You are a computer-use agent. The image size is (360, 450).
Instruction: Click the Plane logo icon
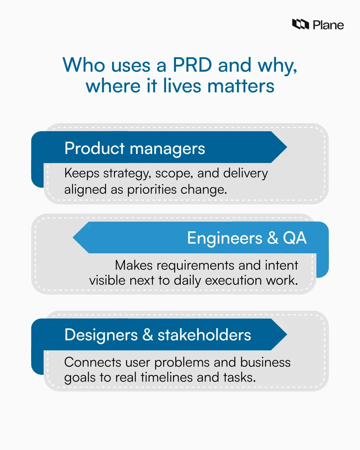pos(300,24)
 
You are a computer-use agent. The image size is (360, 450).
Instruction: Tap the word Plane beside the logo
pos(328,25)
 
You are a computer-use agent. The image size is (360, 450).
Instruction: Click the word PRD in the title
pos(192,65)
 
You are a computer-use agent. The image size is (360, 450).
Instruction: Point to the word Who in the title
pos(84,65)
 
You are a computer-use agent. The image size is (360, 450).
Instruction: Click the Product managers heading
pos(135,148)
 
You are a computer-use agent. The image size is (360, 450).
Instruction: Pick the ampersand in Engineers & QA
pos(273,238)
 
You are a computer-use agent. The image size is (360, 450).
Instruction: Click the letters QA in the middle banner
pos(295,238)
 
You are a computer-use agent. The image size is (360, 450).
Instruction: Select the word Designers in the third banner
pos(101,335)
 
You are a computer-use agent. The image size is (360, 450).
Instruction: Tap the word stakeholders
pos(204,335)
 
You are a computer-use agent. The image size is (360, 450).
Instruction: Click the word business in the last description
pos(265,362)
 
